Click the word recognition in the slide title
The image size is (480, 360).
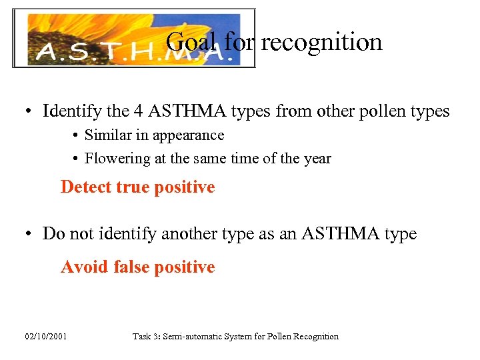321,43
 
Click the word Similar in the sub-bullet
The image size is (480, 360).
107,135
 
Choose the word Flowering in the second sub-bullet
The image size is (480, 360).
112,159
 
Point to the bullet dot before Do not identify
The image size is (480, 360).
31,235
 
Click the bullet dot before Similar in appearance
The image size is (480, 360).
77,136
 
